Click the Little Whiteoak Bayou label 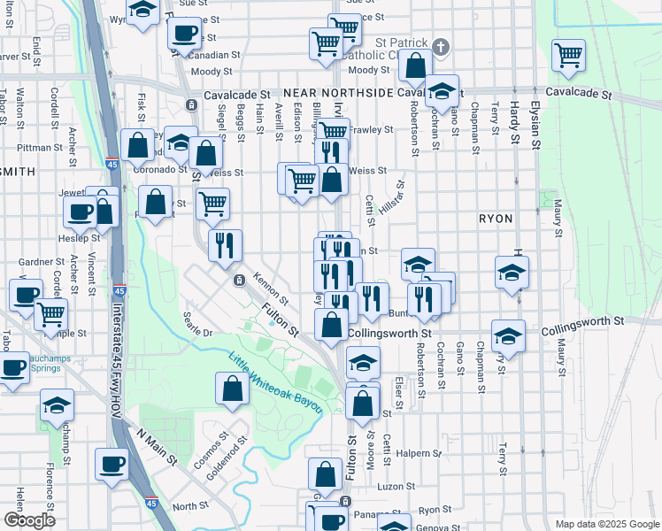(x=273, y=381)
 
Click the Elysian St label (x=535, y=123)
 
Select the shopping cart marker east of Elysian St (x=568, y=55)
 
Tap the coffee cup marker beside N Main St (x=112, y=464)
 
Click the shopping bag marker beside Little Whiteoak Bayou (x=232, y=388)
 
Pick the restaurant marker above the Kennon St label (x=225, y=244)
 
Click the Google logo (x=29, y=521)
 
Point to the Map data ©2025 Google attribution (x=607, y=524)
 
